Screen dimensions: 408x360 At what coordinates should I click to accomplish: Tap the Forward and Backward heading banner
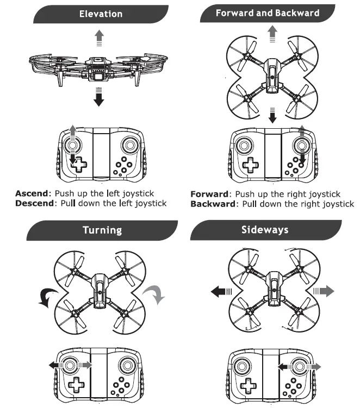click(267, 13)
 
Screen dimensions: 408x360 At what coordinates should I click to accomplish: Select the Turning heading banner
click(102, 230)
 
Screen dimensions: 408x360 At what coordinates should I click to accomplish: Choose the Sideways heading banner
click(265, 230)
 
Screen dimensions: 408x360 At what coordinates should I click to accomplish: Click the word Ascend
click(32, 193)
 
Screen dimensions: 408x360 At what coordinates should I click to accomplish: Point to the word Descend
click(34, 203)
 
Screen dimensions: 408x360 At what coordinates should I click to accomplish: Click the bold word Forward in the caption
click(209, 194)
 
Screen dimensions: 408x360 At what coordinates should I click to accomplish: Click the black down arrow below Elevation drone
click(98, 99)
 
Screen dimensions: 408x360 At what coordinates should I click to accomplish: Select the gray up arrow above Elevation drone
click(98, 36)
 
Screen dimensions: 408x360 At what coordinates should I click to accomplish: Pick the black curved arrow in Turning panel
click(43, 297)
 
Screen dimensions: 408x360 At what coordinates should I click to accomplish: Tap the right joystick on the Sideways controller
click(299, 367)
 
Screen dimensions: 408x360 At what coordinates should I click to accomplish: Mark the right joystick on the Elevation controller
click(129, 146)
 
